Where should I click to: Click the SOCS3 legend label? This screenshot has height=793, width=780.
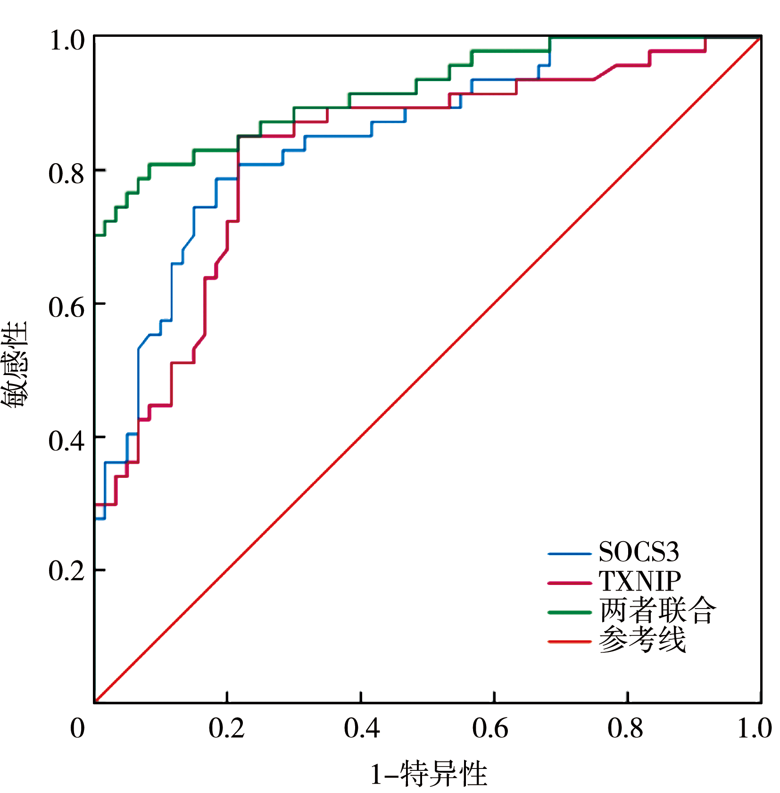click(x=639, y=552)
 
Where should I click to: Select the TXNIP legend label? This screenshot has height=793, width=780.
click(x=639, y=581)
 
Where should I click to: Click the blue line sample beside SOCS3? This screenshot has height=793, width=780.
click(x=569, y=554)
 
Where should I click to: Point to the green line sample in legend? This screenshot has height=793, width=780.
click(x=569, y=612)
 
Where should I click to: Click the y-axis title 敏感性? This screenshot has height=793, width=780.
click(x=14, y=364)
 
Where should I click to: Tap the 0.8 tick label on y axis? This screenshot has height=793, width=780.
click(x=66, y=174)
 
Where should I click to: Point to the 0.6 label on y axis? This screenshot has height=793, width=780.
click(x=66, y=307)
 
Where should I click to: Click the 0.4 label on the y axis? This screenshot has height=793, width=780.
click(x=66, y=441)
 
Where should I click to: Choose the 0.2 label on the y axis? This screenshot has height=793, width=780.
click(x=66, y=570)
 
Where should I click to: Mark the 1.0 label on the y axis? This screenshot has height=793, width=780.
click(x=66, y=40)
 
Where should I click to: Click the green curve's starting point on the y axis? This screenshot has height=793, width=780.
click(x=95, y=235)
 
